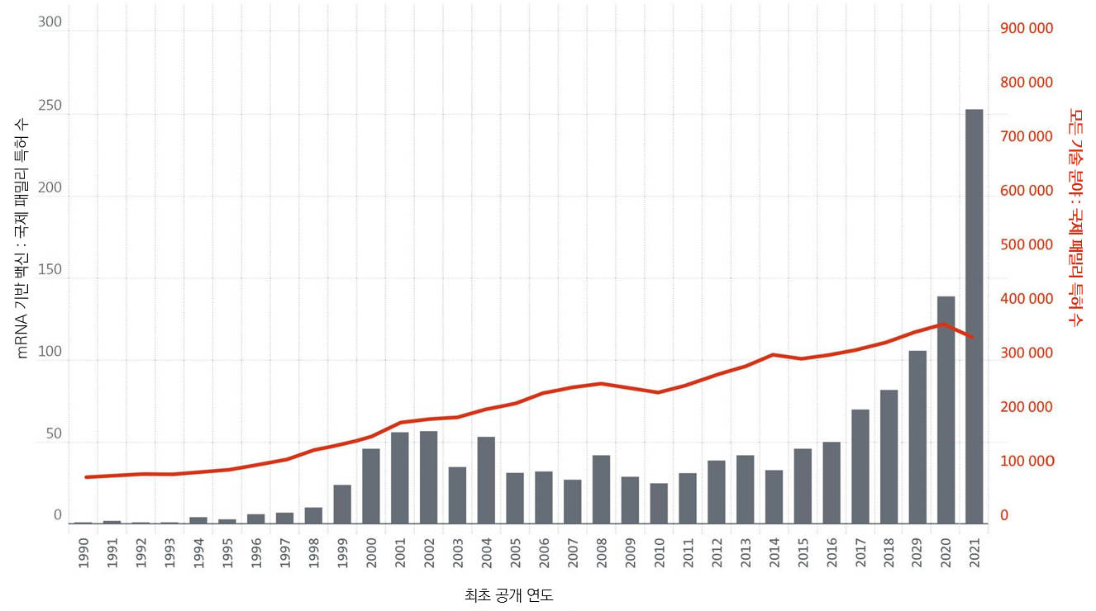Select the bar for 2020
pyautogui.click(x=946, y=410)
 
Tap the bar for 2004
pyautogui.click(x=486, y=480)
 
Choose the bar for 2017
pyautogui.click(x=860, y=467)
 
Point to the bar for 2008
pyautogui.click(x=601, y=489)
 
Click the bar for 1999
pyautogui.click(x=342, y=504)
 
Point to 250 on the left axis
pyautogui.click(x=50, y=106)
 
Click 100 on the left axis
pyautogui.click(x=50, y=352)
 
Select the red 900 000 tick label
pyautogui.click(x=1027, y=29)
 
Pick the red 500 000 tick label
pyautogui.click(x=1027, y=245)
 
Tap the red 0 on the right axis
pyautogui.click(x=1004, y=515)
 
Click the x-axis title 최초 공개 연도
pyautogui.click(x=508, y=594)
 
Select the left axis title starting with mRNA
pyautogui.click(x=22, y=236)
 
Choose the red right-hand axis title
pyautogui.click(x=1075, y=216)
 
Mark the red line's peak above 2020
pyautogui.click(x=944, y=324)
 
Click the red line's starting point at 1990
pyautogui.click(x=86, y=477)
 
